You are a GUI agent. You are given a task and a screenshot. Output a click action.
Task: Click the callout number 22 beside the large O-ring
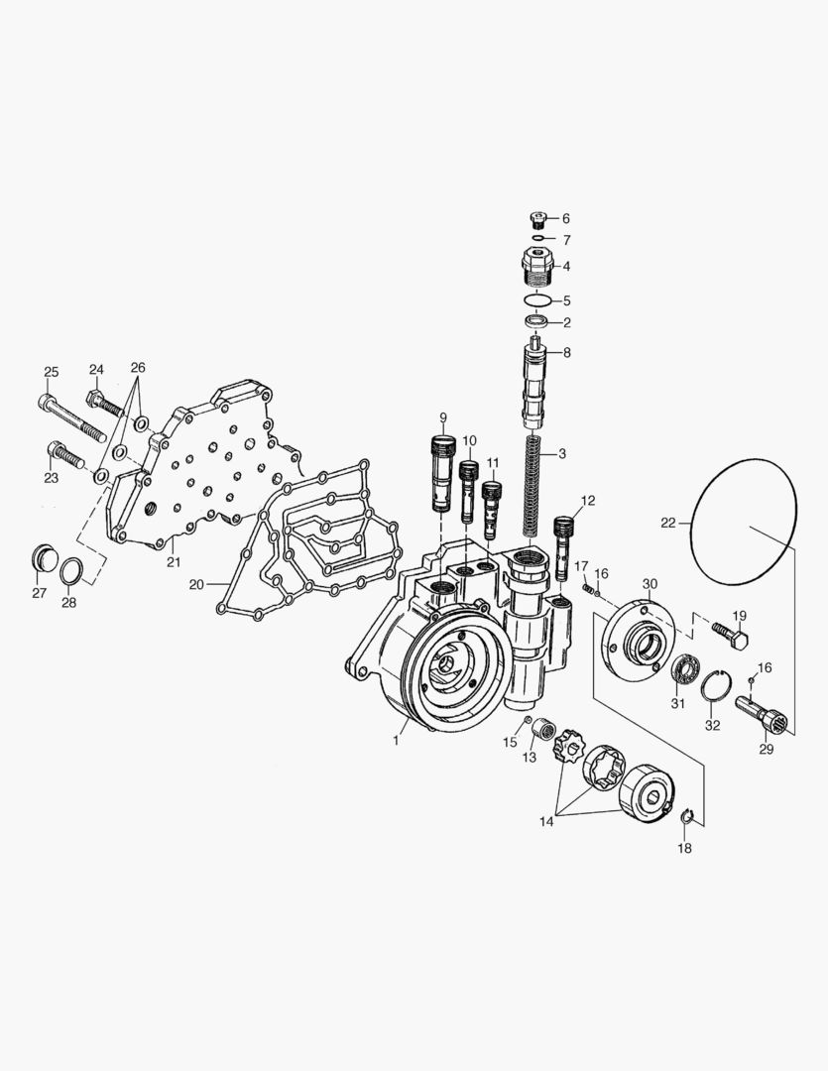click(668, 522)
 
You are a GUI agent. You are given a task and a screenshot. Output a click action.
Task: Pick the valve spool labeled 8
click(536, 381)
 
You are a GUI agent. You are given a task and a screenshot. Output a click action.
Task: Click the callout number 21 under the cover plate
click(174, 562)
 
